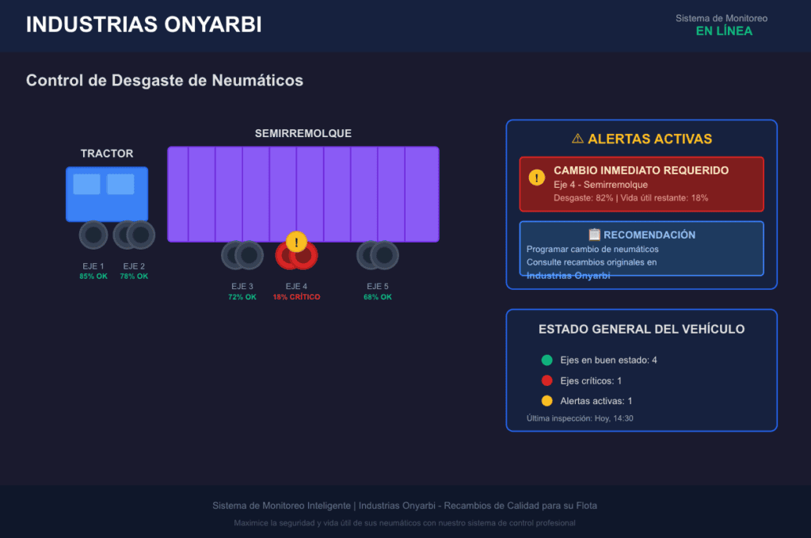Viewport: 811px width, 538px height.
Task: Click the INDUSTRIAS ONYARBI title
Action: click(x=144, y=25)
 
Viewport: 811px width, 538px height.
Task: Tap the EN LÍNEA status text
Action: click(x=724, y=31)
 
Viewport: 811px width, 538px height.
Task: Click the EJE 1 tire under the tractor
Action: click(x=93, y=235)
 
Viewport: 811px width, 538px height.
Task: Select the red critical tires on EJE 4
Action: click(x=296, y=256)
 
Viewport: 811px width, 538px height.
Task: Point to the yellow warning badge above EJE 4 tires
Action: click(x=296, y=242)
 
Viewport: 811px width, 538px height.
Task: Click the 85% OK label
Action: click(x=93, y=277)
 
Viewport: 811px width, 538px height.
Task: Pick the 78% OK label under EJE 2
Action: click(x=134, y=277)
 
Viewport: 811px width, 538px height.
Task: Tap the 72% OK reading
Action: click(x=242, y=297)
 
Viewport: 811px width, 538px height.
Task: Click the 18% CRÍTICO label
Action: click(x=296, y=297)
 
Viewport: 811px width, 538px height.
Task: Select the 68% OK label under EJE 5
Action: click(x=378, y=297)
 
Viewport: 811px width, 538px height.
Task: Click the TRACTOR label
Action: click(x=107, y=154)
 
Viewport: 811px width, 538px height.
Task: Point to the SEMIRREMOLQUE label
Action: click(x=303, y=133)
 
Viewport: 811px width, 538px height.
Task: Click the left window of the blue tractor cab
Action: click(x=86, y=184)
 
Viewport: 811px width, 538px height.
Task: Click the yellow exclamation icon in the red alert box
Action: click(x=537, y=177)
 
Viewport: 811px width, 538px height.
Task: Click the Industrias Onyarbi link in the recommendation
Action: click(x=568, y=276)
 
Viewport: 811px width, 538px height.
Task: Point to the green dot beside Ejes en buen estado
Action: click(x=546, y=360)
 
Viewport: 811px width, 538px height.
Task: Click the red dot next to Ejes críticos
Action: click(x=546, y=381)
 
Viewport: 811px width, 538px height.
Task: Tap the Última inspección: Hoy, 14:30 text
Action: click(x=580, y=418)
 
